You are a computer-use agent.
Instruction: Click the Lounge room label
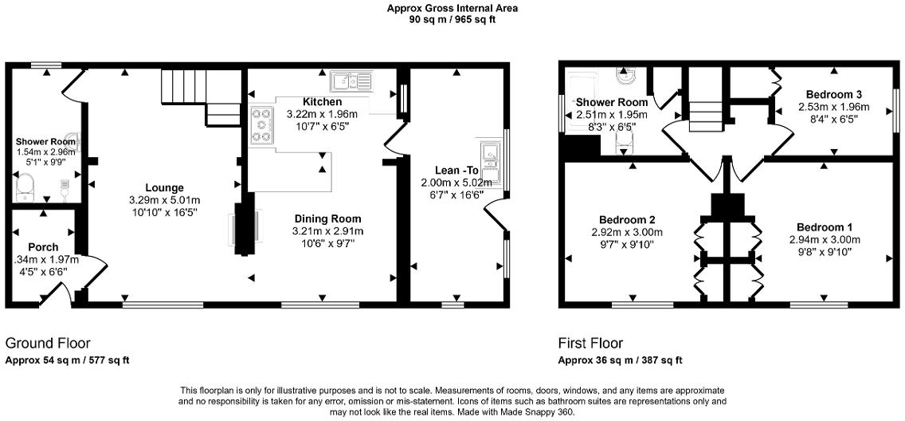pyautogui.click(x=165, y=187)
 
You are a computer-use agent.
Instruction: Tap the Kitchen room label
pyautogui.click(x=323, y=102)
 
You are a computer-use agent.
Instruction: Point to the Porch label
pyautogui.click(x=43, y=246)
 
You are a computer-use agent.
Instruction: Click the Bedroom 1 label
pyautogui.click(x=825, y=226)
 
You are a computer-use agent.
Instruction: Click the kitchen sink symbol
pyautogui.click(x=351, y=79)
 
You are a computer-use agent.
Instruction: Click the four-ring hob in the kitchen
pyautogui.click(x=261, y=126)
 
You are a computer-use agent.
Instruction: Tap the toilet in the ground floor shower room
pyautogui.click(x=26, y=187)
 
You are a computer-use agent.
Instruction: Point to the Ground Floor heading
pyautogui.click(x=48, y=344)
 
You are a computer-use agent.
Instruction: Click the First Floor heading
pyautogui.click(x=590, y=344)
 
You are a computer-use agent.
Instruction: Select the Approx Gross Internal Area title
pyautogui.click(x=452, y=9)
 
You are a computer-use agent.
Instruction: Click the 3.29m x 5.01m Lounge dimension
pyautogui.click(x=165, y=200)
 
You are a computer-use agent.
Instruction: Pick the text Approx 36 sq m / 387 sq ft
pyautogui.click(x=621, y=360)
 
